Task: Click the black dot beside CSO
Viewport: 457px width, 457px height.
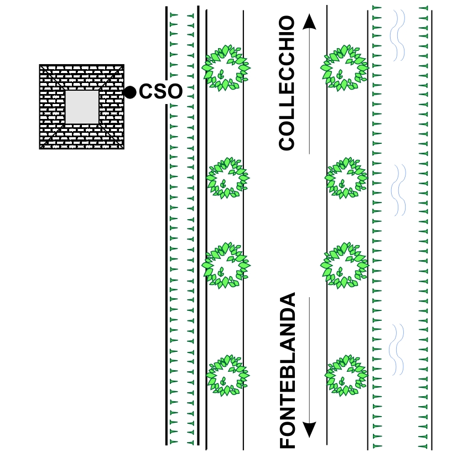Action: tap(130, 92)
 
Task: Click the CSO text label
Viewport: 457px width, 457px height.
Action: tap(160, 92)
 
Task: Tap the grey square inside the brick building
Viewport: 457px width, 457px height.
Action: tap(82, 107)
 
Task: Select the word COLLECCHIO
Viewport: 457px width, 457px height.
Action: tap(287, 83)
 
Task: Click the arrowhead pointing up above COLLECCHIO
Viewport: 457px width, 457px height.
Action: tap(309, 22)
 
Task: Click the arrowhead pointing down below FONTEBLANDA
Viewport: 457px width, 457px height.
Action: tap(309, 429)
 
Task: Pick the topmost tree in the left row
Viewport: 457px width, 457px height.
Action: tap(226, 68)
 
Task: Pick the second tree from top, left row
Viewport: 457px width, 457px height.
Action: tap(227, 178)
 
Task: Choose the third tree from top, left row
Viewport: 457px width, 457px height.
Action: tap(226, 264)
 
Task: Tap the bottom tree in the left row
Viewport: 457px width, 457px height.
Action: tap(227, 376)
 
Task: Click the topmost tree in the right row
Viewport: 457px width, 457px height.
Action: tap(345, 68)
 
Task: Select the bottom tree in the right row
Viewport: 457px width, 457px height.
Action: tap(346, 376)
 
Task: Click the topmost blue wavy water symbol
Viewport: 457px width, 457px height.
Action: tap(398, 34)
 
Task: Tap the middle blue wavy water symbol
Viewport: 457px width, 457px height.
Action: tap(398, 190)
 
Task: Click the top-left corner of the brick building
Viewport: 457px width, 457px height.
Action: tap(40, 65)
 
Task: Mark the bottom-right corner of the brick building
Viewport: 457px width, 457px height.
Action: tap(123, 148)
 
